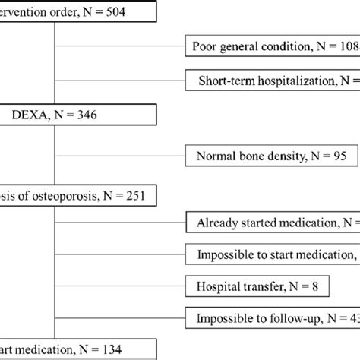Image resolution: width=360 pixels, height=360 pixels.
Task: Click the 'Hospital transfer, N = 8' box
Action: (x=235, y=286)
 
